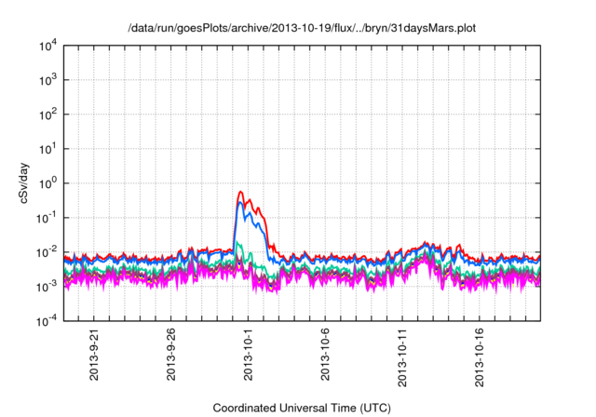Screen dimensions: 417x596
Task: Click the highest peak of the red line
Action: (241, 192)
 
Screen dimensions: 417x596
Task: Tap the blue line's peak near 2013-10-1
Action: (242, 203)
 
